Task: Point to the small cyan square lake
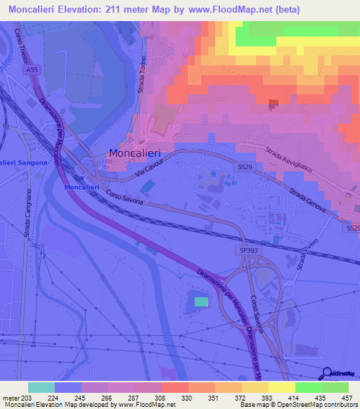[x=201, y=301]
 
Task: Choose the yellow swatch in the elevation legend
[x=254, y=387]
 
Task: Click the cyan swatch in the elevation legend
[x=41, y=387]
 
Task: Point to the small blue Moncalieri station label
[x=81, y=188]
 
